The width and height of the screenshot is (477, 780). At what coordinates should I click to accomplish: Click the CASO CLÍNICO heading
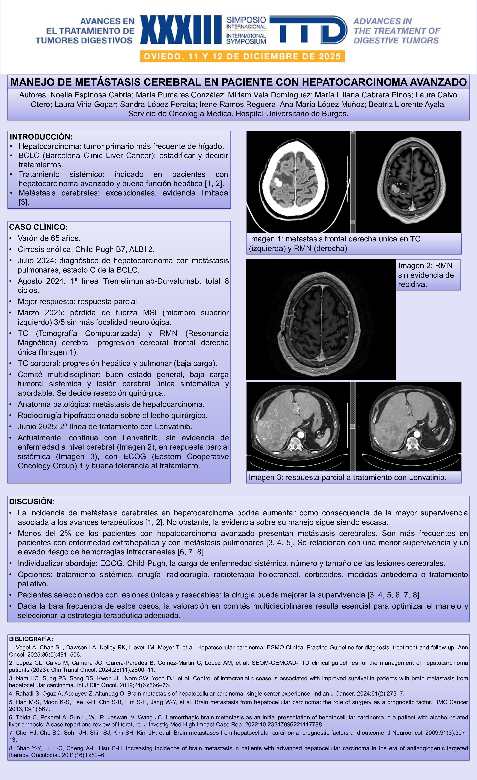click(x=38, y=227)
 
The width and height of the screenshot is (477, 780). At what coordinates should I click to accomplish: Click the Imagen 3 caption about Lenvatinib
click(x=347, y=477)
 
